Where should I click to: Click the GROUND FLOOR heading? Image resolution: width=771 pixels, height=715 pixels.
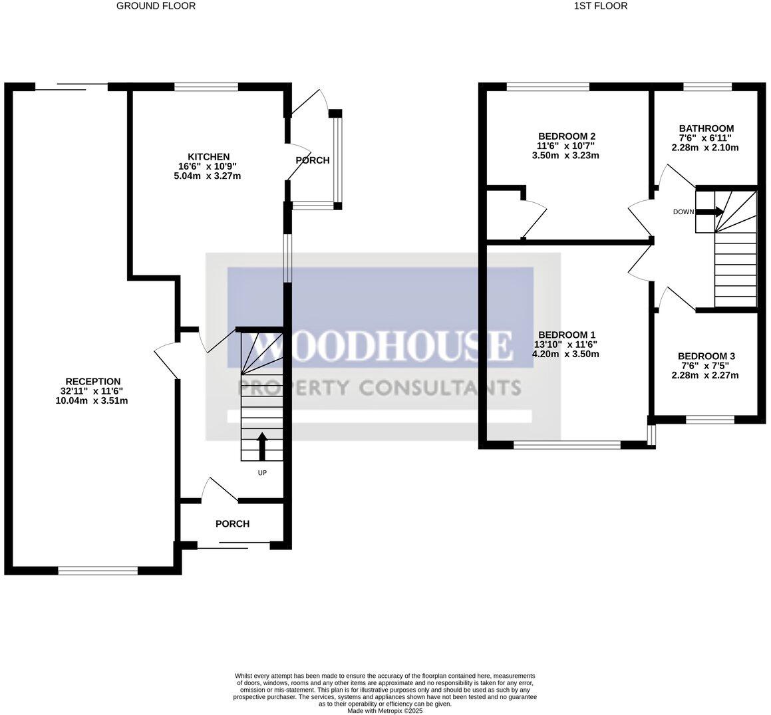(x=156, y=6)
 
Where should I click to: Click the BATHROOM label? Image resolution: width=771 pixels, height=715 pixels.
(x=706, y=128)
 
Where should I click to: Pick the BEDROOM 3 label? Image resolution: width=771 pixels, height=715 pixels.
(x=706, y=357)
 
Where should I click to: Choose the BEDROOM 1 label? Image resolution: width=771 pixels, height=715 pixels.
(x=567, y=335)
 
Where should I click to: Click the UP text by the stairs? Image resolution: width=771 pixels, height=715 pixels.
(x=262, y=473)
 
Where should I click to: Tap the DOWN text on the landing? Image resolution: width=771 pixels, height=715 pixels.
(x=683, y=212)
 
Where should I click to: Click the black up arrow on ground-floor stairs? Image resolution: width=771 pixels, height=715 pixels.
(x=262, y=446)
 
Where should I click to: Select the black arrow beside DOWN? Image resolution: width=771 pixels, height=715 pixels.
(x=710, y=212)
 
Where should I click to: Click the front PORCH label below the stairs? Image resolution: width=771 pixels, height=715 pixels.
(x=233, y=524)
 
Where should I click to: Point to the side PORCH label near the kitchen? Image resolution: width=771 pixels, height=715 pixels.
(x=312, y=160)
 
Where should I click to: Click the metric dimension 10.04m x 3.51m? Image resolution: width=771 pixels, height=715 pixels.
(x=92, y=400)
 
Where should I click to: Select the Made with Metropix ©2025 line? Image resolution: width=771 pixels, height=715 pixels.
(x=385, y=710)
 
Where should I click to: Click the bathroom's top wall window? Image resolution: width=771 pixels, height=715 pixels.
(x=707, y=86)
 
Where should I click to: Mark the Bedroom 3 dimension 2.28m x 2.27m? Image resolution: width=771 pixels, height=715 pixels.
(x=706, y=375)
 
